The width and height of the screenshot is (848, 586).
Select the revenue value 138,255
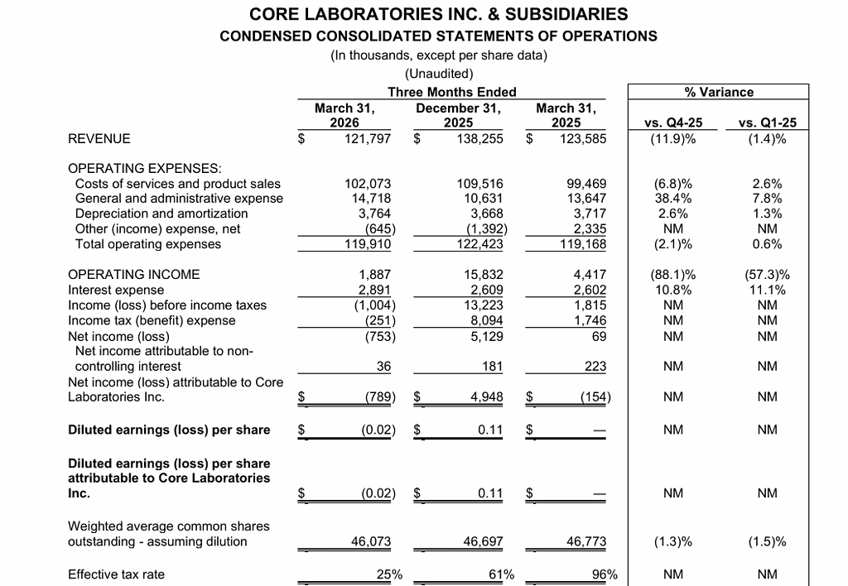tap(480, 138)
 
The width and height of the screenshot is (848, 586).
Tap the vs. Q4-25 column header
tap(672, 122)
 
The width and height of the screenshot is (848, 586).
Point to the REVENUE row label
tap(99, 138)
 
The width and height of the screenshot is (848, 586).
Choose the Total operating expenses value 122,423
tap(480, 244)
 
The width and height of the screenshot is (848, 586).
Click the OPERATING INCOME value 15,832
tap(484, 275)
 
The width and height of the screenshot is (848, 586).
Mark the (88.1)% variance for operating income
tap(672, 275)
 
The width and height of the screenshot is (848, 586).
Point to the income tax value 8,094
tap(486, 321)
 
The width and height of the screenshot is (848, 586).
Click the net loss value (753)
tap(378, 336)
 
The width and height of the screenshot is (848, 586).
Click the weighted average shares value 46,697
tap(483, 542)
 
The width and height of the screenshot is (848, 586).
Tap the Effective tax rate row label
tap(116, 574)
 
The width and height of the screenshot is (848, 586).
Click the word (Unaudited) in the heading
tap(439, 74)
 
